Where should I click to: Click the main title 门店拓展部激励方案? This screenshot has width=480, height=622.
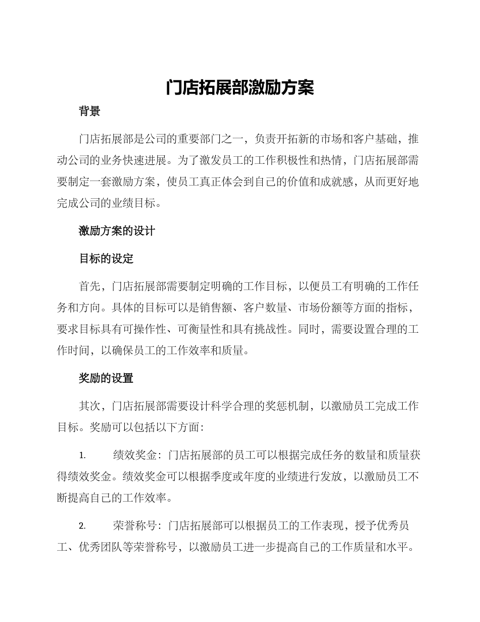tap(240, 88)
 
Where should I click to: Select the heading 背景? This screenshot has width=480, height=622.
tap(89, 112)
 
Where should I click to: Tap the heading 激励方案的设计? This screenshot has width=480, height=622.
tap(117, 231)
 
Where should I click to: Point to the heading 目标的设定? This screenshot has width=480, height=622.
tap(106, 259)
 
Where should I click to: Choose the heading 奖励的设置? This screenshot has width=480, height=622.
tap(106, 378)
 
